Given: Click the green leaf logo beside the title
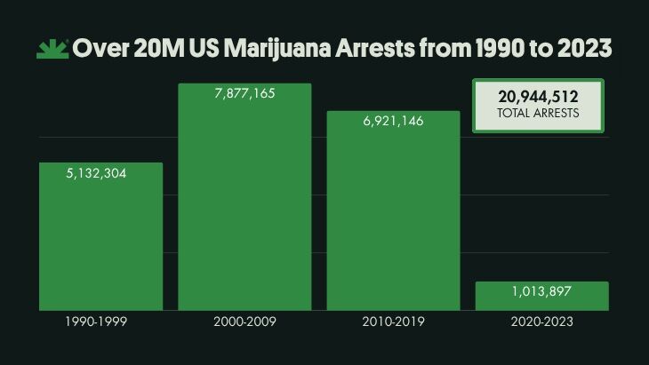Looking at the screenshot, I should click(x=52, y=49).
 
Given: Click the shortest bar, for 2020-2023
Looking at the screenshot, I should click(x=541, y=296).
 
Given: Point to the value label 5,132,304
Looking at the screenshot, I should click(x=96, y=174).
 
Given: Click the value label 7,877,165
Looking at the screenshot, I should click(x=244, y=94).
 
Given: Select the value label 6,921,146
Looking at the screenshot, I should click(x=393, y=122).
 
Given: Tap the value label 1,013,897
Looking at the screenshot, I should click(x=541, y=292).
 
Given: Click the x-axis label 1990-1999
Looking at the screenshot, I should click(x=96, y=321).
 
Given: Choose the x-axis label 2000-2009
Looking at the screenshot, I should click(x=244, y=321).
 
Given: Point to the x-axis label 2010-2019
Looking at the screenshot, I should click(x=393, y=321).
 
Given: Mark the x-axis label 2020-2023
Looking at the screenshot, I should click(x=541, y=321).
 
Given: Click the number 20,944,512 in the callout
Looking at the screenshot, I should click(x=538, y=97).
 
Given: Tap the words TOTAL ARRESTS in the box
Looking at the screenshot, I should click(x=538, y=114).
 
